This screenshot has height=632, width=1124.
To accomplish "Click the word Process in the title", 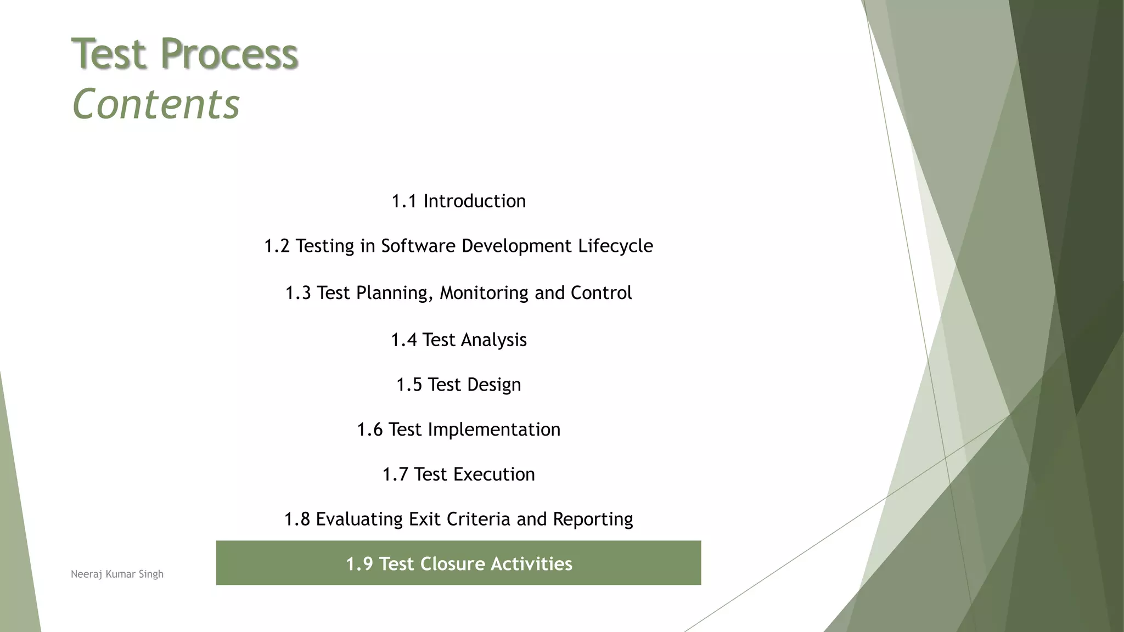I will pos(229,54).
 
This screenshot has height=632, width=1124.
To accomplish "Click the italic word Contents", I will pos(156,104).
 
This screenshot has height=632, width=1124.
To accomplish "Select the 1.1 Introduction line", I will pos(458,201).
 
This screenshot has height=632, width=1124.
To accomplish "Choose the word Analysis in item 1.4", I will pos(494,340).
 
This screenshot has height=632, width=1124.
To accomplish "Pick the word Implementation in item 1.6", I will pos(494,430).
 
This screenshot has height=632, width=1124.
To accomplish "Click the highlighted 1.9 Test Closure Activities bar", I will pos(458,563).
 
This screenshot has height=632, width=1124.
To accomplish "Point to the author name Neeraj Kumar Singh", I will pos(117,574).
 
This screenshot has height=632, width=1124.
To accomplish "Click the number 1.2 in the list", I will pos(277,246).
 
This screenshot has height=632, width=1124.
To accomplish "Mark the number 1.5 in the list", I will pos(409,385).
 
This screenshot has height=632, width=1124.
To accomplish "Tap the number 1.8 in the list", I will pos(297,520).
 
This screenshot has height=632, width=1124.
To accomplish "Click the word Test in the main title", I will pos(110,54).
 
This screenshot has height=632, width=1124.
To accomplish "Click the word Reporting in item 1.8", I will pos(593,520).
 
